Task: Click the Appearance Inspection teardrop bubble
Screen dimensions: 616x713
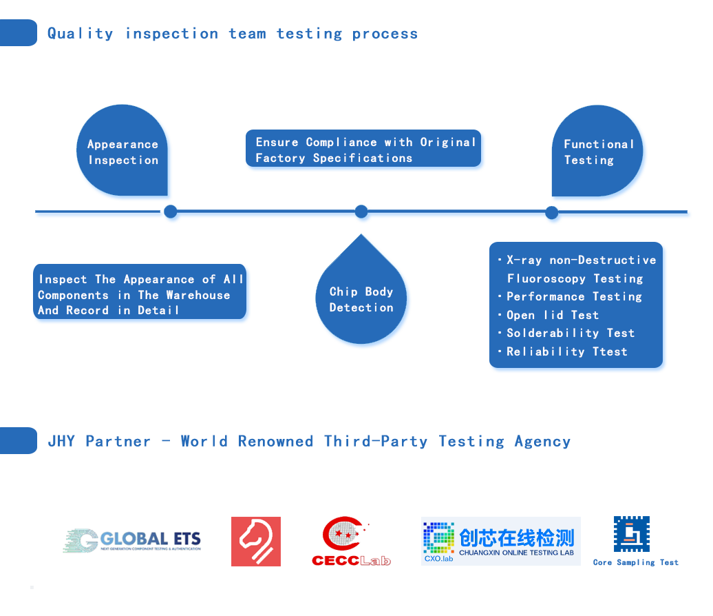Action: (x=123, y=152)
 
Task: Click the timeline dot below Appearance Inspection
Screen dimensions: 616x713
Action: (x=171, y=212)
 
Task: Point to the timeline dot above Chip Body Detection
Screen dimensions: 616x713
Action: (x=361, y=212)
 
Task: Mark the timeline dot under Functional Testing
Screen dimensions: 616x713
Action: (x=552, y=213)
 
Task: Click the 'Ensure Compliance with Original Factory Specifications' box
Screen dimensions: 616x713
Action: (x=363, y=150)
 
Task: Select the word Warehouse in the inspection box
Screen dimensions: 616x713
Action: (x=198, y=295)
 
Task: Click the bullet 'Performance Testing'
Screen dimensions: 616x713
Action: (x=574, y=296)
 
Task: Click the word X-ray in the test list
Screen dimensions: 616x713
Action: (x=524, y=260)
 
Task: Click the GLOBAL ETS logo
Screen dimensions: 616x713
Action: (x=132, y=541)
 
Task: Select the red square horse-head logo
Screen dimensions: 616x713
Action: (x=256, y=542)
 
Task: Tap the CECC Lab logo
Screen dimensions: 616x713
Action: (x=351, y=542)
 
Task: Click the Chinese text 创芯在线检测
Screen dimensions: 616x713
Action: (x=516, y=537)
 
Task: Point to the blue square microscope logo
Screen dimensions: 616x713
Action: (x=631, y=534)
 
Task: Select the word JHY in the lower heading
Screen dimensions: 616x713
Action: (x=61, y=441)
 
